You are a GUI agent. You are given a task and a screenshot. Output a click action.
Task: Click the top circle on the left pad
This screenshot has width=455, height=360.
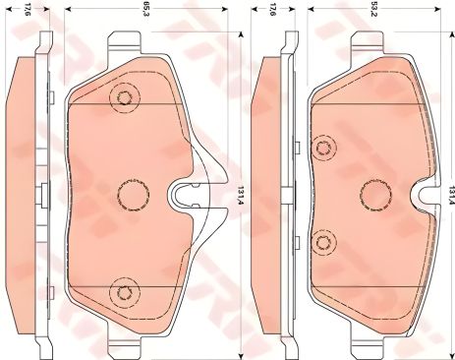[123, 97]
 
